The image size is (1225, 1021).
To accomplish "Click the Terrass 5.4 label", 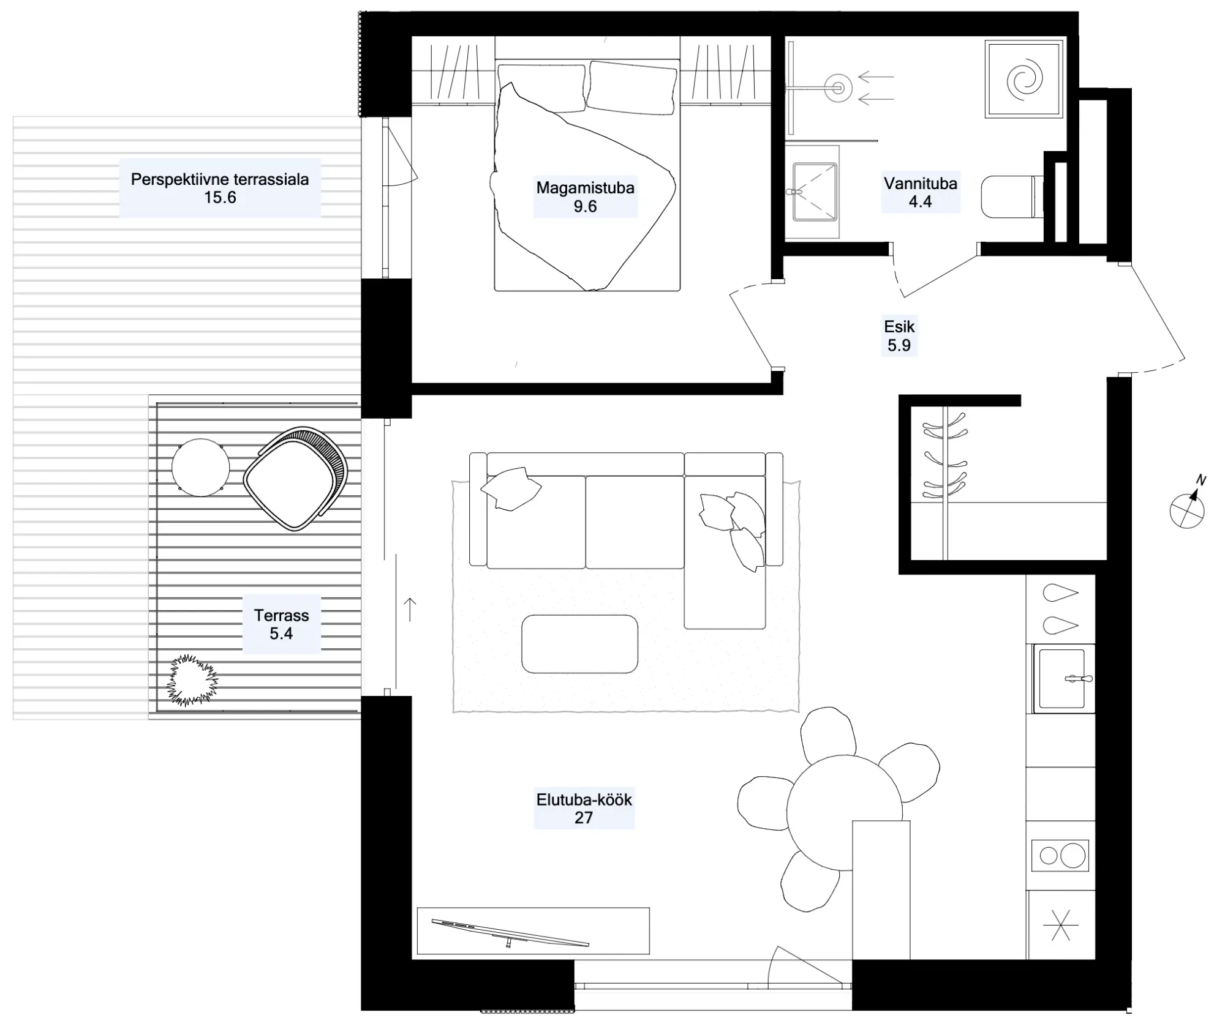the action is (x=281, y=624).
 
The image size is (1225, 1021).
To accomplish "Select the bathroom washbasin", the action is (x=813, y=191).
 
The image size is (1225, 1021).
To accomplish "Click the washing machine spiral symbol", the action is (x=1023, y=79).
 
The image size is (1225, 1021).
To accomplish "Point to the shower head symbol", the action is (x=838, y=88).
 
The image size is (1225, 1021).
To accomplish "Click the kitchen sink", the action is (x=1063, y=678).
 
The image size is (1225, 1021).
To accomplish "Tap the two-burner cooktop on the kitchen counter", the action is (x=1060, y=855).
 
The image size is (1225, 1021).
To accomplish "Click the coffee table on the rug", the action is (x=579, y=644).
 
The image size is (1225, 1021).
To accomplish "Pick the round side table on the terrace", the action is (x=200, y=468).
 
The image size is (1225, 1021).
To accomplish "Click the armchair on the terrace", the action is (x=295, y=478).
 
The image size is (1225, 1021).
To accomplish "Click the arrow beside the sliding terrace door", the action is (x=410, y=610).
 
